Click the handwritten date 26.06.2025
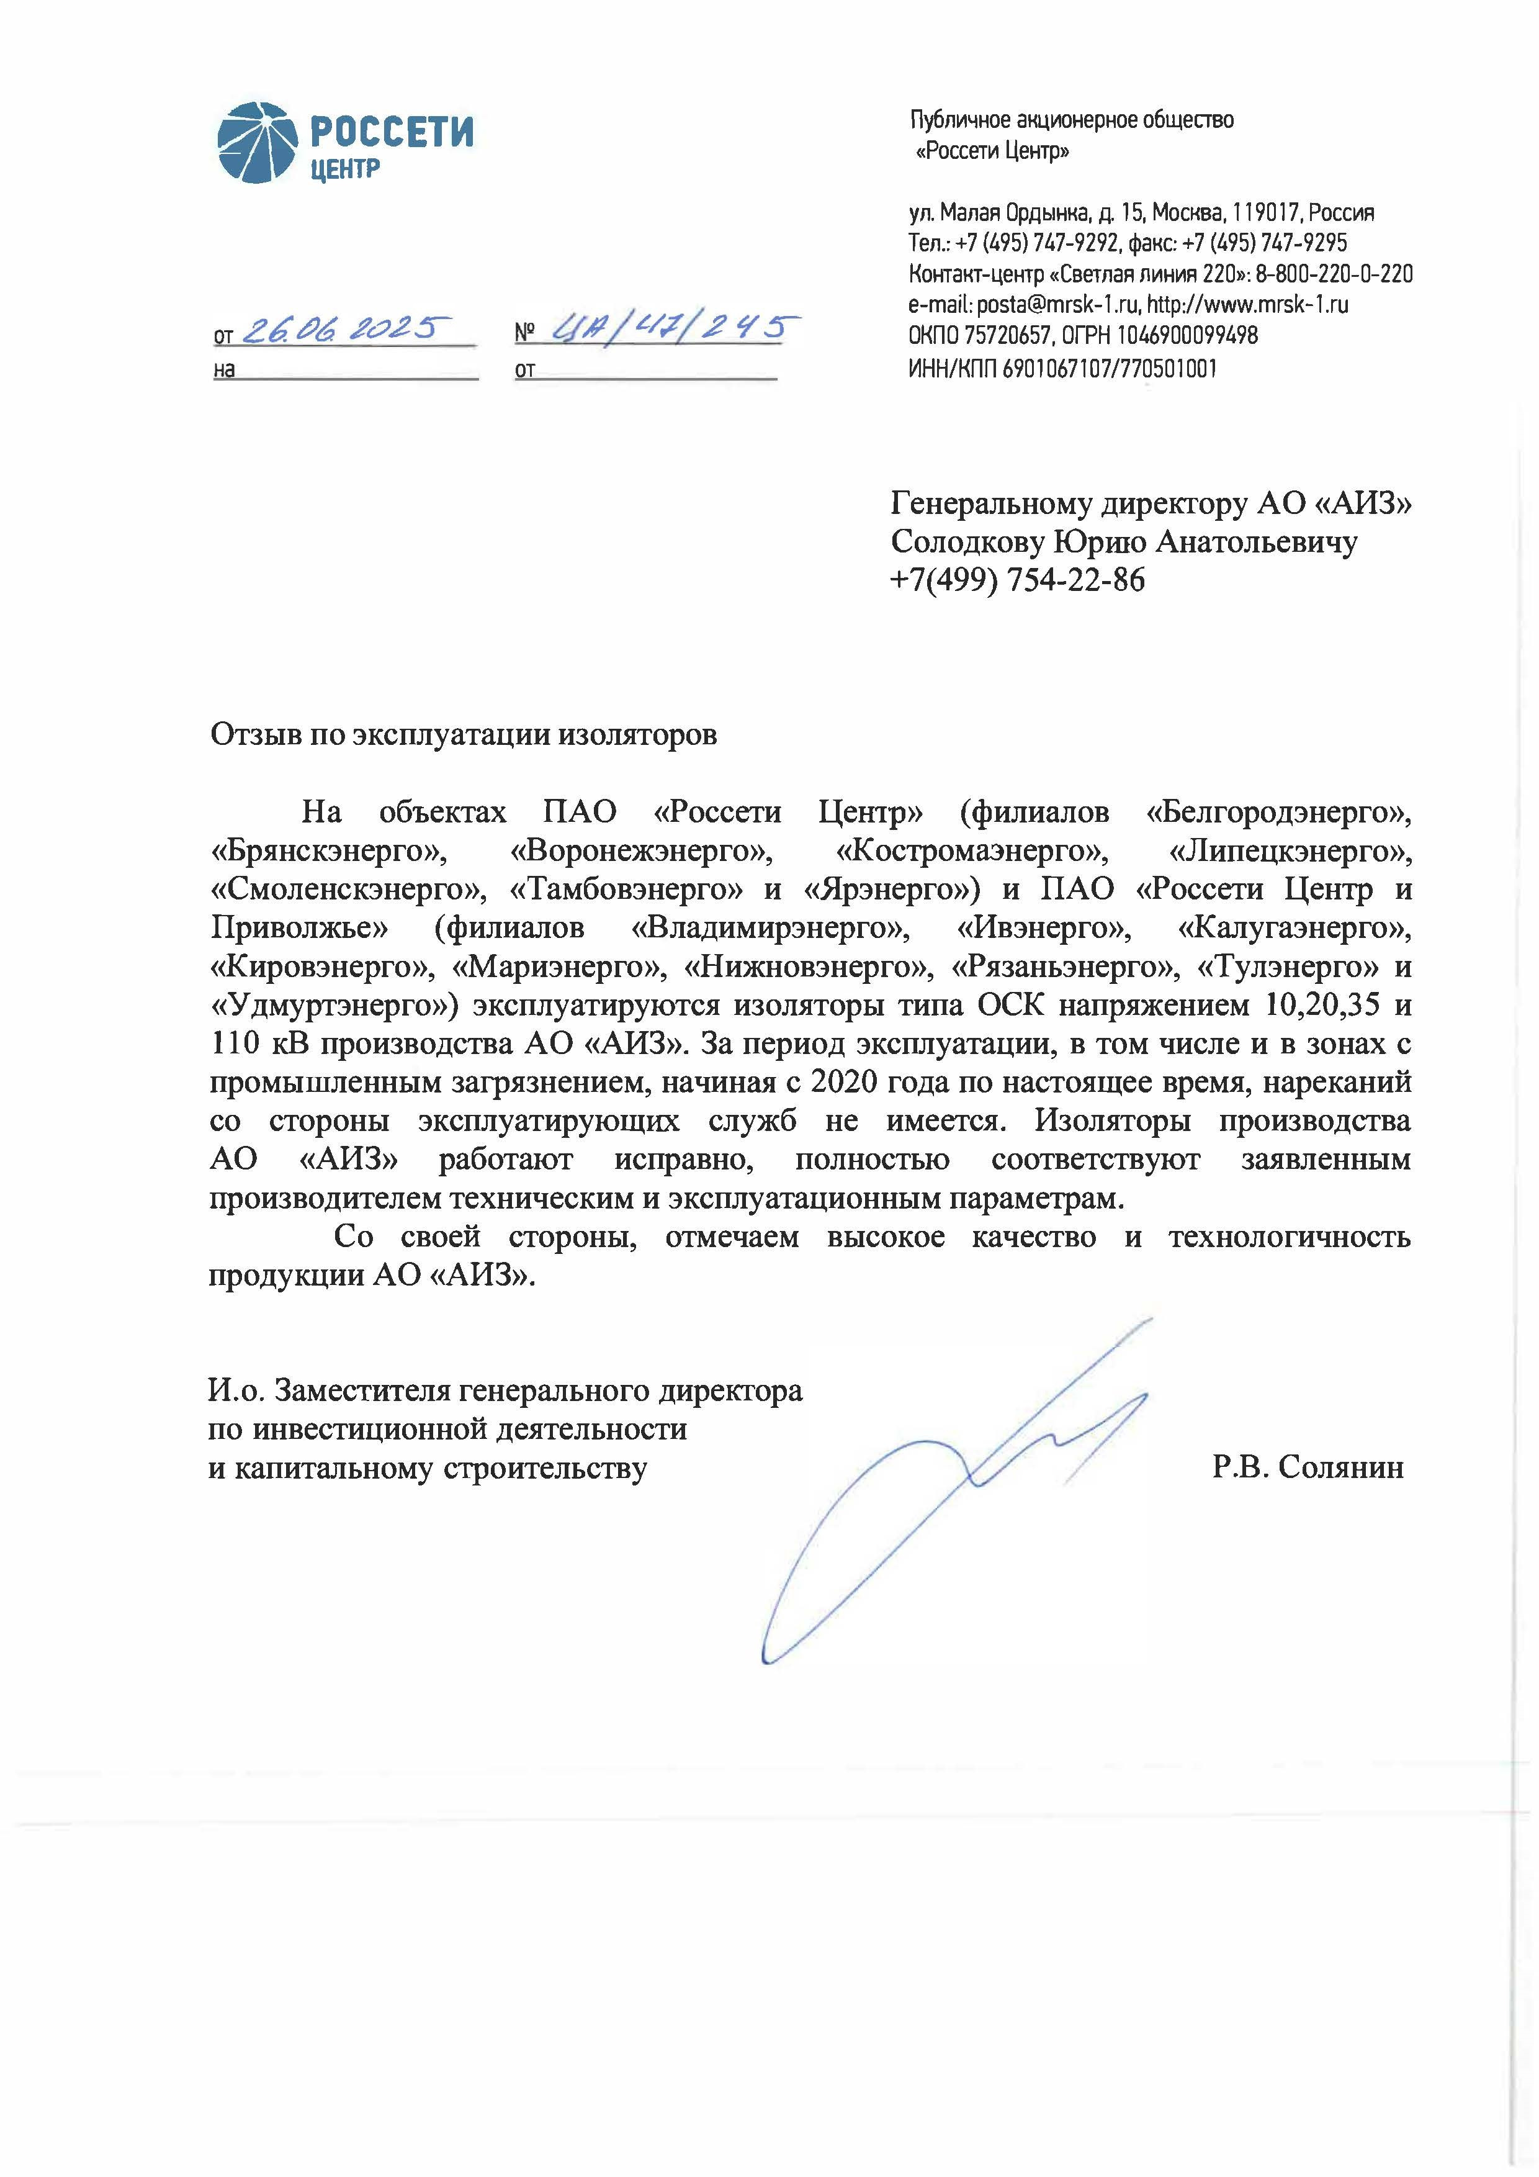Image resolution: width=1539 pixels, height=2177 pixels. click(343, 329)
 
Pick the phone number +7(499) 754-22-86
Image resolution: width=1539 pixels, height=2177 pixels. click(1017, 579)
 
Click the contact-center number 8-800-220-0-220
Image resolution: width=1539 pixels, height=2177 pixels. click(1334, 274)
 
